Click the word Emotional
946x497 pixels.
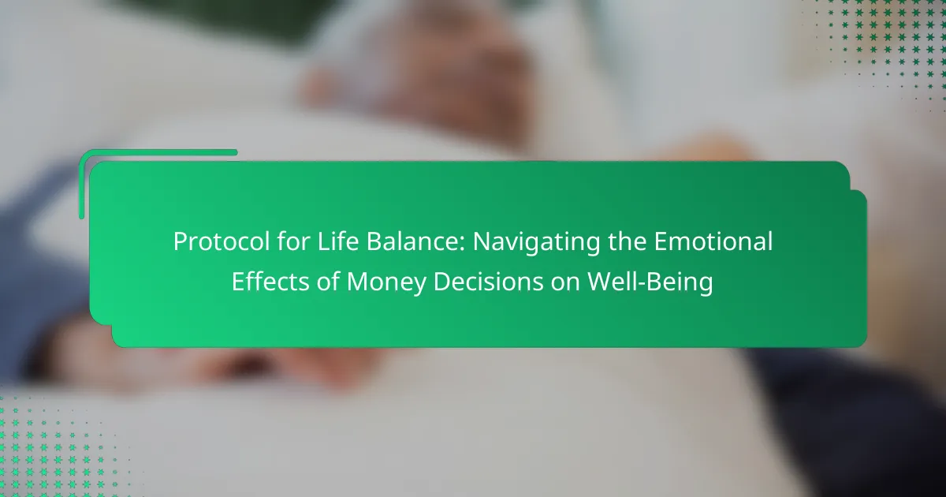coord(713,241)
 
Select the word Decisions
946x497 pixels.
coord(489,282)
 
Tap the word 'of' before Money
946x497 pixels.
coord(328,282)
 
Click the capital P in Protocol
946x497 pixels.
coord(180,242)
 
